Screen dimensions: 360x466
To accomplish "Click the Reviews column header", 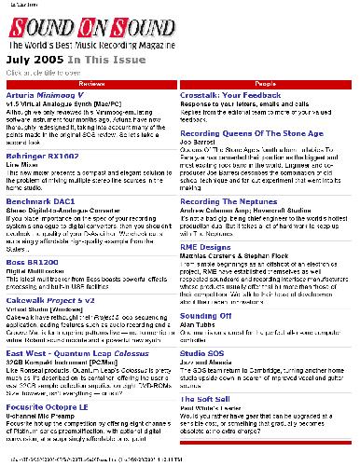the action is tap(90, 85).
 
